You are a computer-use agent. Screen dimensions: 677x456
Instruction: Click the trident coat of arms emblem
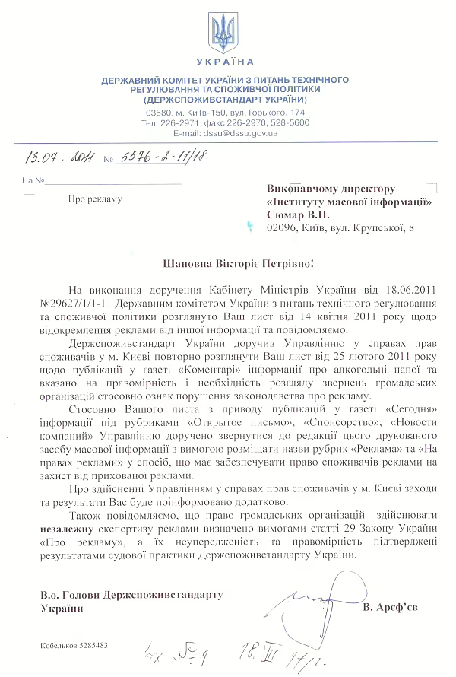pos(223,31)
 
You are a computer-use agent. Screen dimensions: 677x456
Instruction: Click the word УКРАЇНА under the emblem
pos(224,61)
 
